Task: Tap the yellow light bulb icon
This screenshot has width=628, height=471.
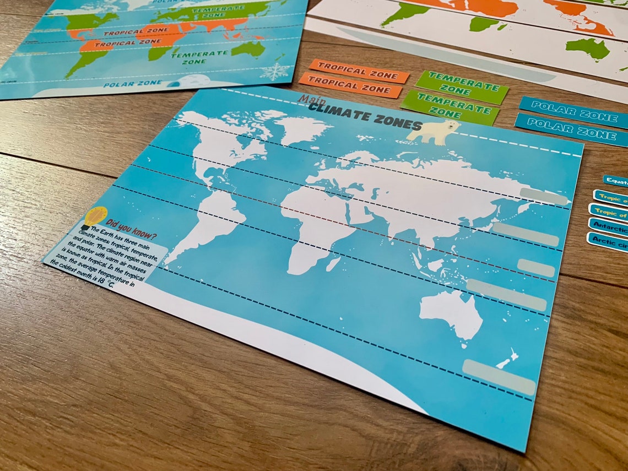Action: pos(94,216)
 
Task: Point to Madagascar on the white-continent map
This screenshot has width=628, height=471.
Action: pos(333,264)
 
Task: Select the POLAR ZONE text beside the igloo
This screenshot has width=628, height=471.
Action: pos(132,84)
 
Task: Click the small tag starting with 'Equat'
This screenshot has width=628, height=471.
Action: pos(615,181)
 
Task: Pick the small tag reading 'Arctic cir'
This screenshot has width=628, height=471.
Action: pos(607,241)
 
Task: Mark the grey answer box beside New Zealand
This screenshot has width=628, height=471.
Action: pos(499,376)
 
